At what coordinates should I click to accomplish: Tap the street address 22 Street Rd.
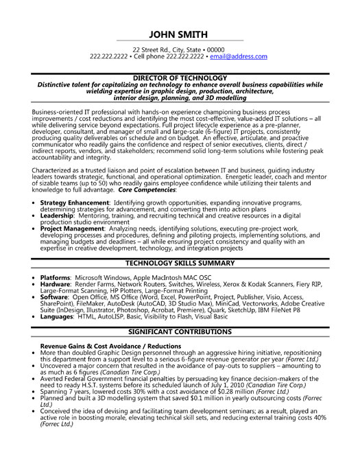(x=152, y=50)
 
